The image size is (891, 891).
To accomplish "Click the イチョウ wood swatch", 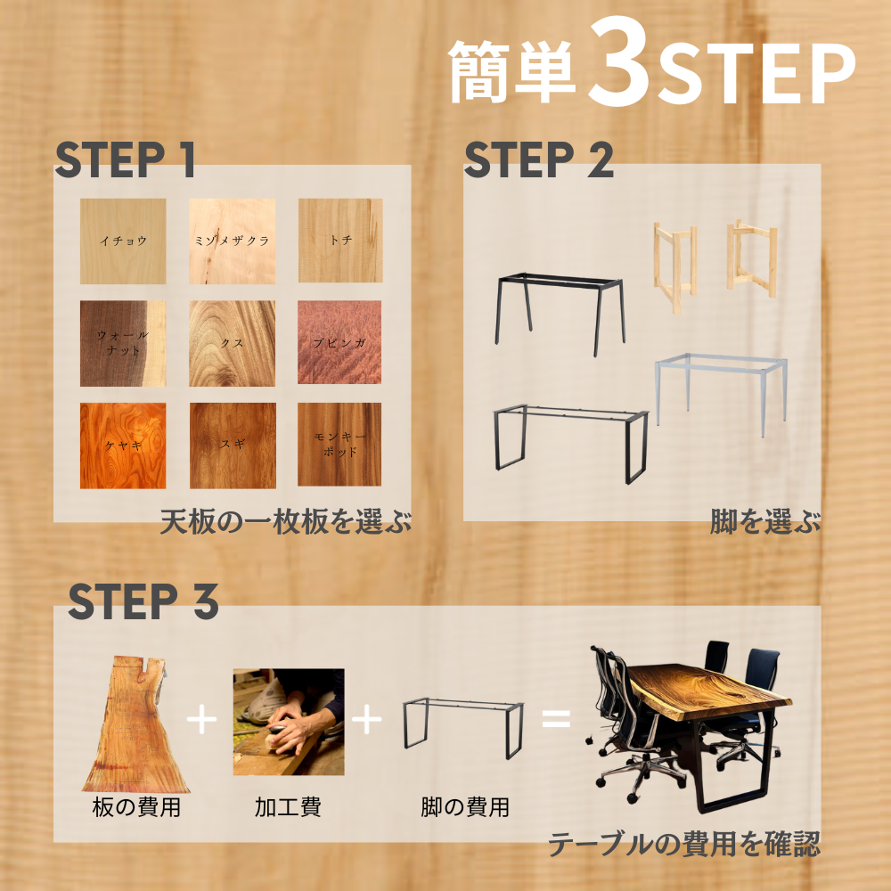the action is [123, 241].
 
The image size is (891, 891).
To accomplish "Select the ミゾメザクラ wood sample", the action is [232, 241].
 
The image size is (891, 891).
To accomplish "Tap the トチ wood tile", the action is [340, 241].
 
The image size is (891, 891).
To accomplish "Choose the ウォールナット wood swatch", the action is [123, 343].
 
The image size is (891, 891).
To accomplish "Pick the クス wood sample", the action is [232, 343].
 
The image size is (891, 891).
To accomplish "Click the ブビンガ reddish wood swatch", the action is [339, 342].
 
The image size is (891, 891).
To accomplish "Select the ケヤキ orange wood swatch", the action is [123, 445].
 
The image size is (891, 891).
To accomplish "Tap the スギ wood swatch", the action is [233, 445].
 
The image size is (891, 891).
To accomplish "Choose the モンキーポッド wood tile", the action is [339, 445].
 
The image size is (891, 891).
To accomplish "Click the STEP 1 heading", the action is [125, 159].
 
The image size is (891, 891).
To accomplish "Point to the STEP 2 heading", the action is [539, 159].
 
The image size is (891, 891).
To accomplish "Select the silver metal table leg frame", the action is [721, 395].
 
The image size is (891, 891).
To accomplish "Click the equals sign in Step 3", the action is [556, 718].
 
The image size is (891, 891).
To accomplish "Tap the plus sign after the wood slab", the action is [201, 719].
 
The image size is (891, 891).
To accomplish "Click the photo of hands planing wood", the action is [289, 722].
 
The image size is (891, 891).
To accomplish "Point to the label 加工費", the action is [288, 807].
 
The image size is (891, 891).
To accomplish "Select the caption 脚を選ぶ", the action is [764, 521].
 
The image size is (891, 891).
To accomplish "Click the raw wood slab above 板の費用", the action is [136, 724].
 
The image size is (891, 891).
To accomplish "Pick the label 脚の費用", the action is [465, 807].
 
